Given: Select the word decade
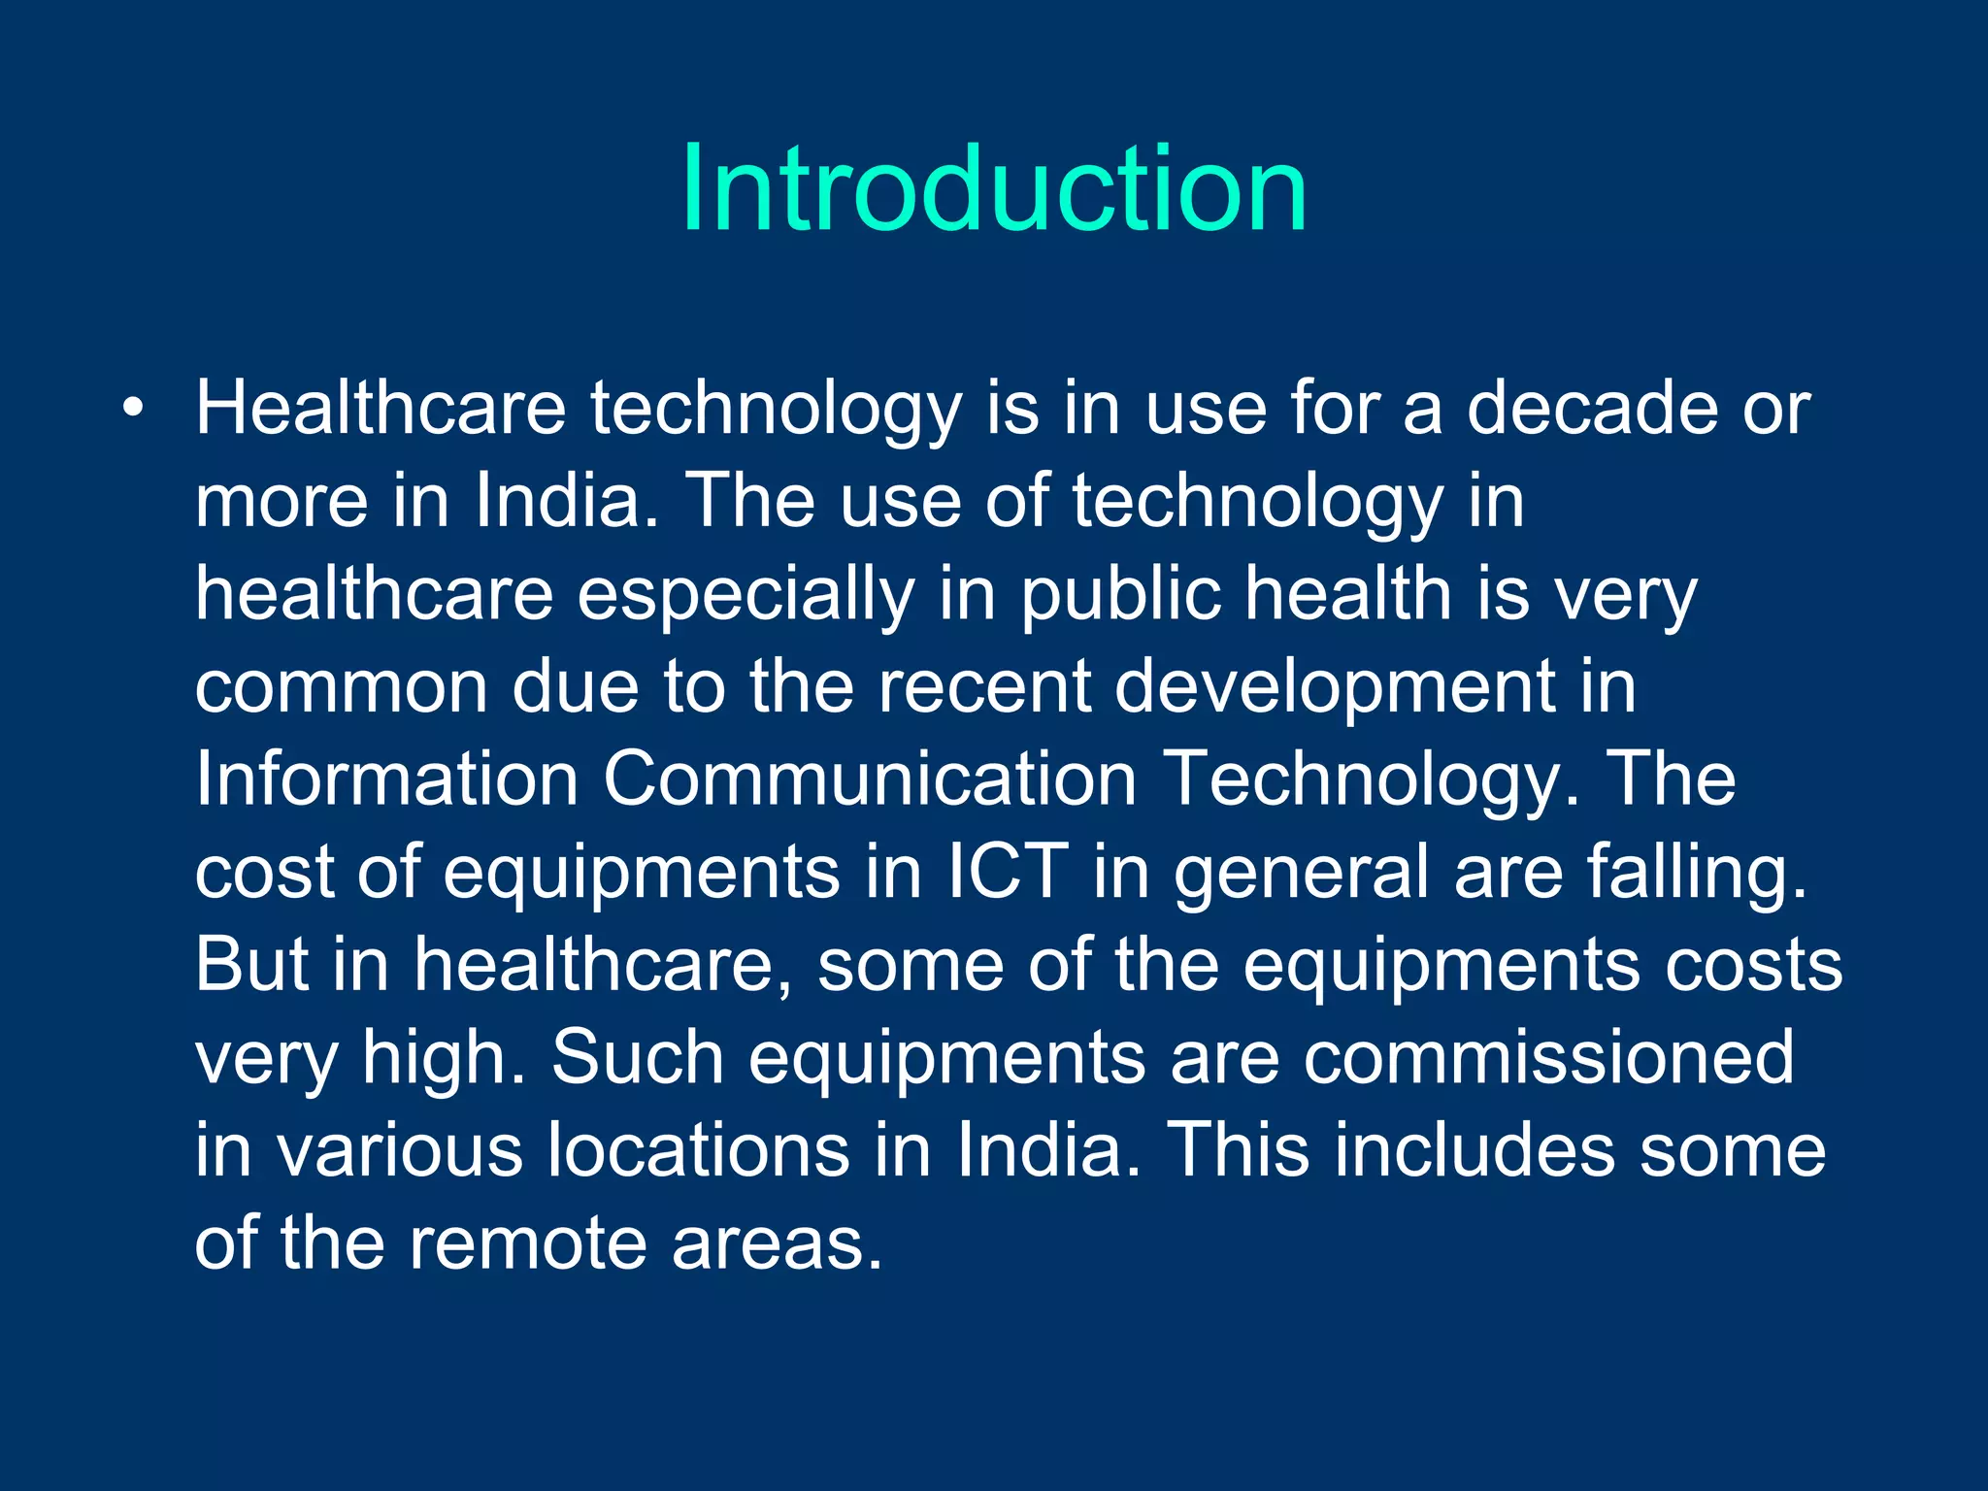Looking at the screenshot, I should pos(1592,408).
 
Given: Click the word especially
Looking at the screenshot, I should pos(745,594).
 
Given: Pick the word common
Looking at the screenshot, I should pos(342,686).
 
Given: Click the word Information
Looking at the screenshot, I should pos(386,779).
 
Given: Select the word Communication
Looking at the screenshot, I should pos(869,779).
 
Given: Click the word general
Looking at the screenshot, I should pos(1301,873).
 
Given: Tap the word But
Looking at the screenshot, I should pos(251,964).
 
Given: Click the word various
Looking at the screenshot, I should pos(399,1150).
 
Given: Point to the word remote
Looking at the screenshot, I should pos(527,1243).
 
